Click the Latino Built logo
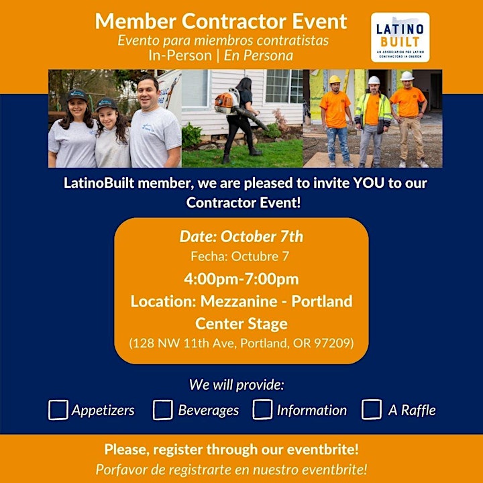pos(400,38)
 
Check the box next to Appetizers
pos(58,410)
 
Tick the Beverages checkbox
pos(162,410)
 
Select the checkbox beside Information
pos(262,409)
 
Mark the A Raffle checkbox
pos(372,409)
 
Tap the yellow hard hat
pos(335,79)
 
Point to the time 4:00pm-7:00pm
pos(241,279)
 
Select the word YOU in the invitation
pos(368,183)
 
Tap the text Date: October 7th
pos(241,237)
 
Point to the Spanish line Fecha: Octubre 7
pos(240,256)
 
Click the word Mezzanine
pos(239,301)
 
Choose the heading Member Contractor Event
pos(221,21)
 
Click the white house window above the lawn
pos(284,86)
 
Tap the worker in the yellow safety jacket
pos(373,121)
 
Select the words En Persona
pos(258,56)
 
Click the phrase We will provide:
pos(236,384)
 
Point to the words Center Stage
pos(241,323)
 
